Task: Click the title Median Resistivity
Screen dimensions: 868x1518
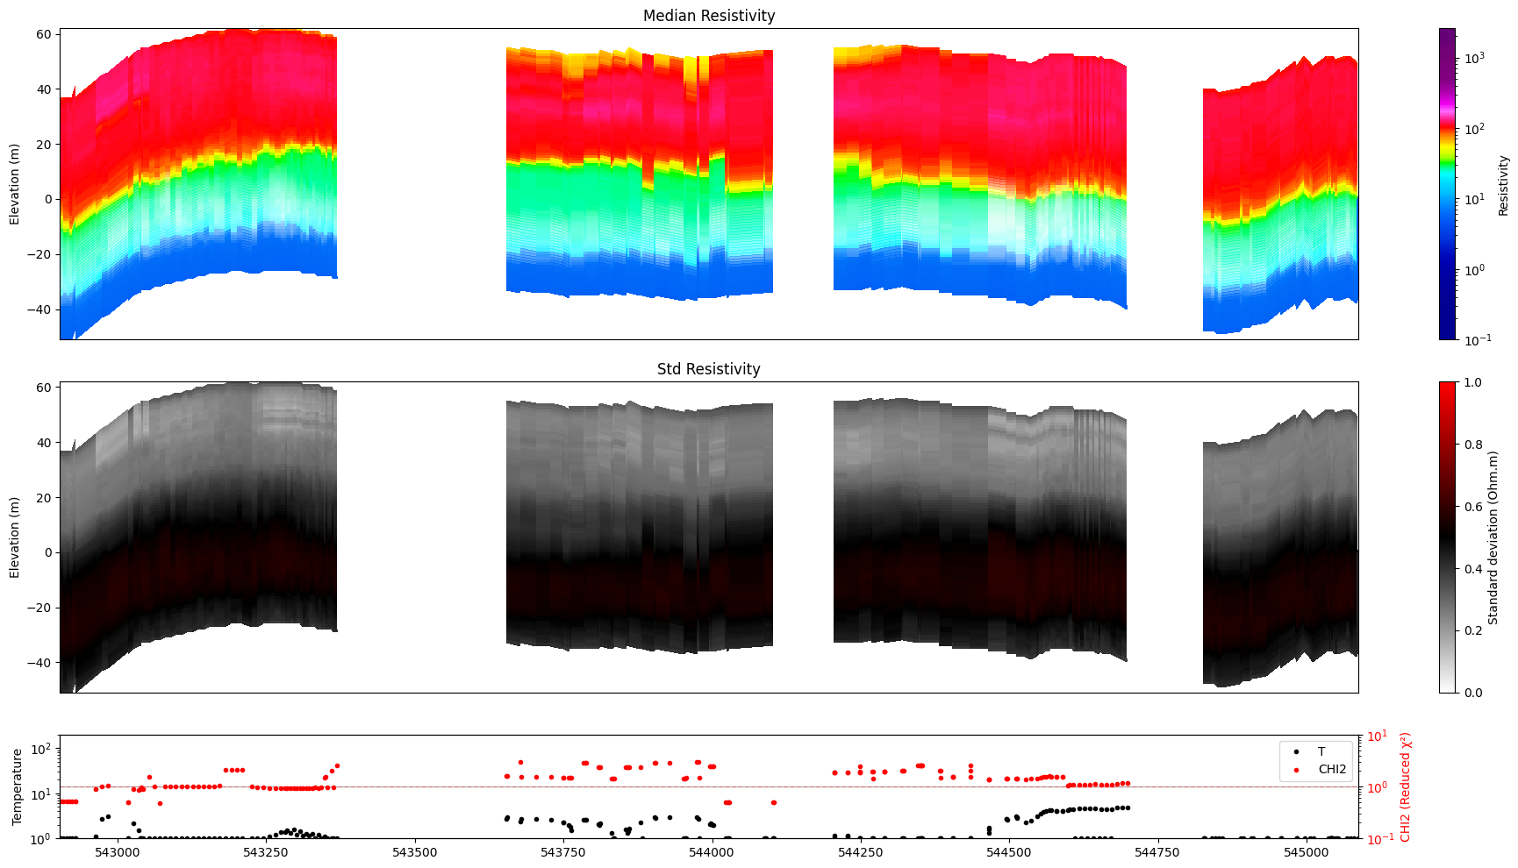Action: click(x=708, y=16)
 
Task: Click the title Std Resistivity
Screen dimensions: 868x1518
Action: click(x=708, y=369)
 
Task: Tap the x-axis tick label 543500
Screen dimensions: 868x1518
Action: click(x=414, y=851)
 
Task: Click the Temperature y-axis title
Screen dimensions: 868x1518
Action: click(x=16, y=786)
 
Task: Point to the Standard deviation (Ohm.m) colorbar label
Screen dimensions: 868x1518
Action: click(x=1493, y=537)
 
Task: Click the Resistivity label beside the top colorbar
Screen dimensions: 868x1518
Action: click(x=1503, y=184)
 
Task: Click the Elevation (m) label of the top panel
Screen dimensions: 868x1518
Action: click(x=15, y=184)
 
